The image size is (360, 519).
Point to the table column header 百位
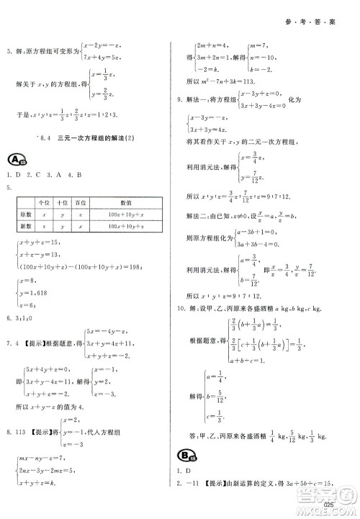[x=80, y=204]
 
